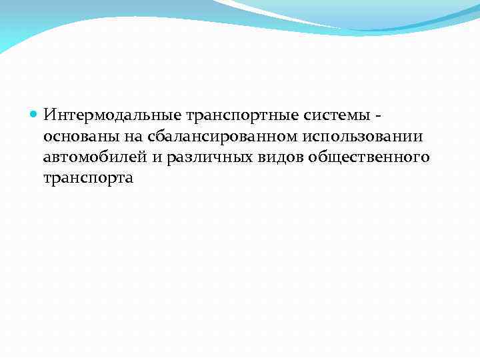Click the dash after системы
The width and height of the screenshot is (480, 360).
pyautogui.click(x=379, y=117)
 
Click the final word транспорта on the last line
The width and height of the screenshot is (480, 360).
pyautogui.click(x=88, y=179)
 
